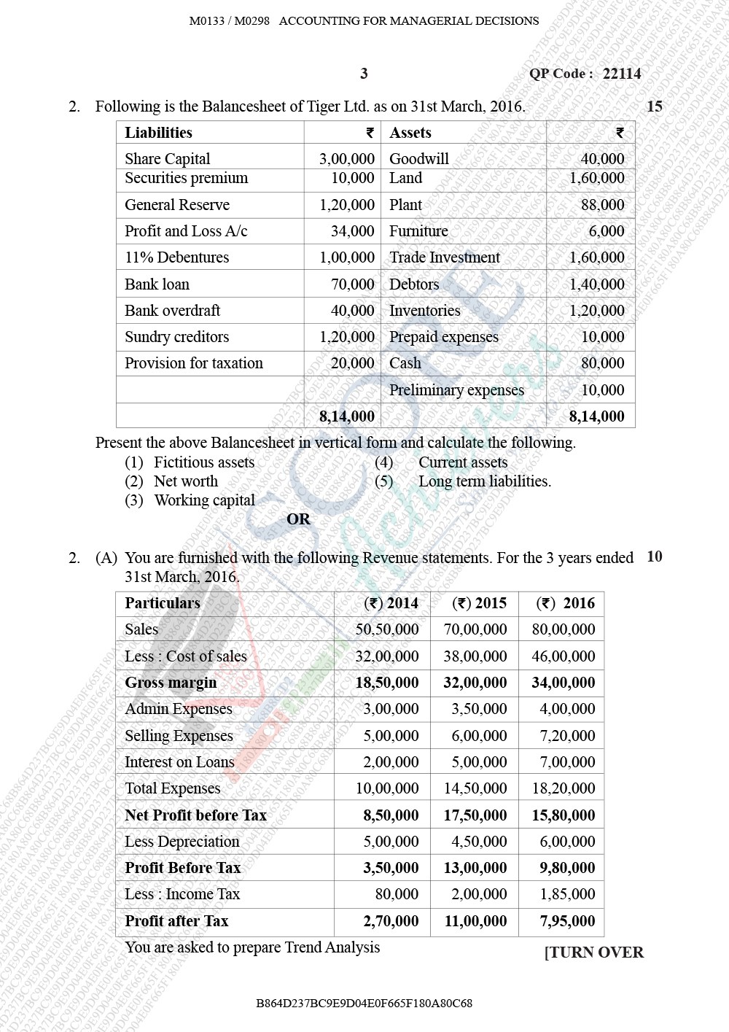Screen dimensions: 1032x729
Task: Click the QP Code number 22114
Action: click(x=622, y=74)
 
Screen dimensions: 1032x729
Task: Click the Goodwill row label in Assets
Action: click(x=418, y=159)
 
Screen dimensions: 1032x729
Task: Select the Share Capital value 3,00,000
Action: click(x=346, y=159)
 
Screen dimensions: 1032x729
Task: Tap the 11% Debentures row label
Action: click(x=176, y=257)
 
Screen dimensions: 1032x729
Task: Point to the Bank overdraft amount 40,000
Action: click(x=352, y=311)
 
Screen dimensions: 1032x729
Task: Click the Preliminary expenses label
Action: click(x=456, y=390)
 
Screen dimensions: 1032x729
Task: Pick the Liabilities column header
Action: click(x=158, y=133)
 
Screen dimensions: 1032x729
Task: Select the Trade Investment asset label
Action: click(x=445, y=257)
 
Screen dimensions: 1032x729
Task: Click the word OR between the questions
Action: click(x=298, y=519)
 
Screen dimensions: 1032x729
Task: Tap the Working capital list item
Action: click(x=204, y=500)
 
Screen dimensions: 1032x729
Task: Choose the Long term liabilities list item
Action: click(x=484, y=481)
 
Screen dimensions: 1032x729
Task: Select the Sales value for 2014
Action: click(x=386, y=629)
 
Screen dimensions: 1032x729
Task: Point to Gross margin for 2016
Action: click(x=563, y=683)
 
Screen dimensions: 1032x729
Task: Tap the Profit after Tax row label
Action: click(x=176, y=921)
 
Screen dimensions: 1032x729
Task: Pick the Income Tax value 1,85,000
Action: click(x=567, y=894)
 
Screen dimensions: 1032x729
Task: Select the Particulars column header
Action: click(x=162, y=603)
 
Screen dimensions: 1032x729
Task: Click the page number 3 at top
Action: click(x=364, y=74)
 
